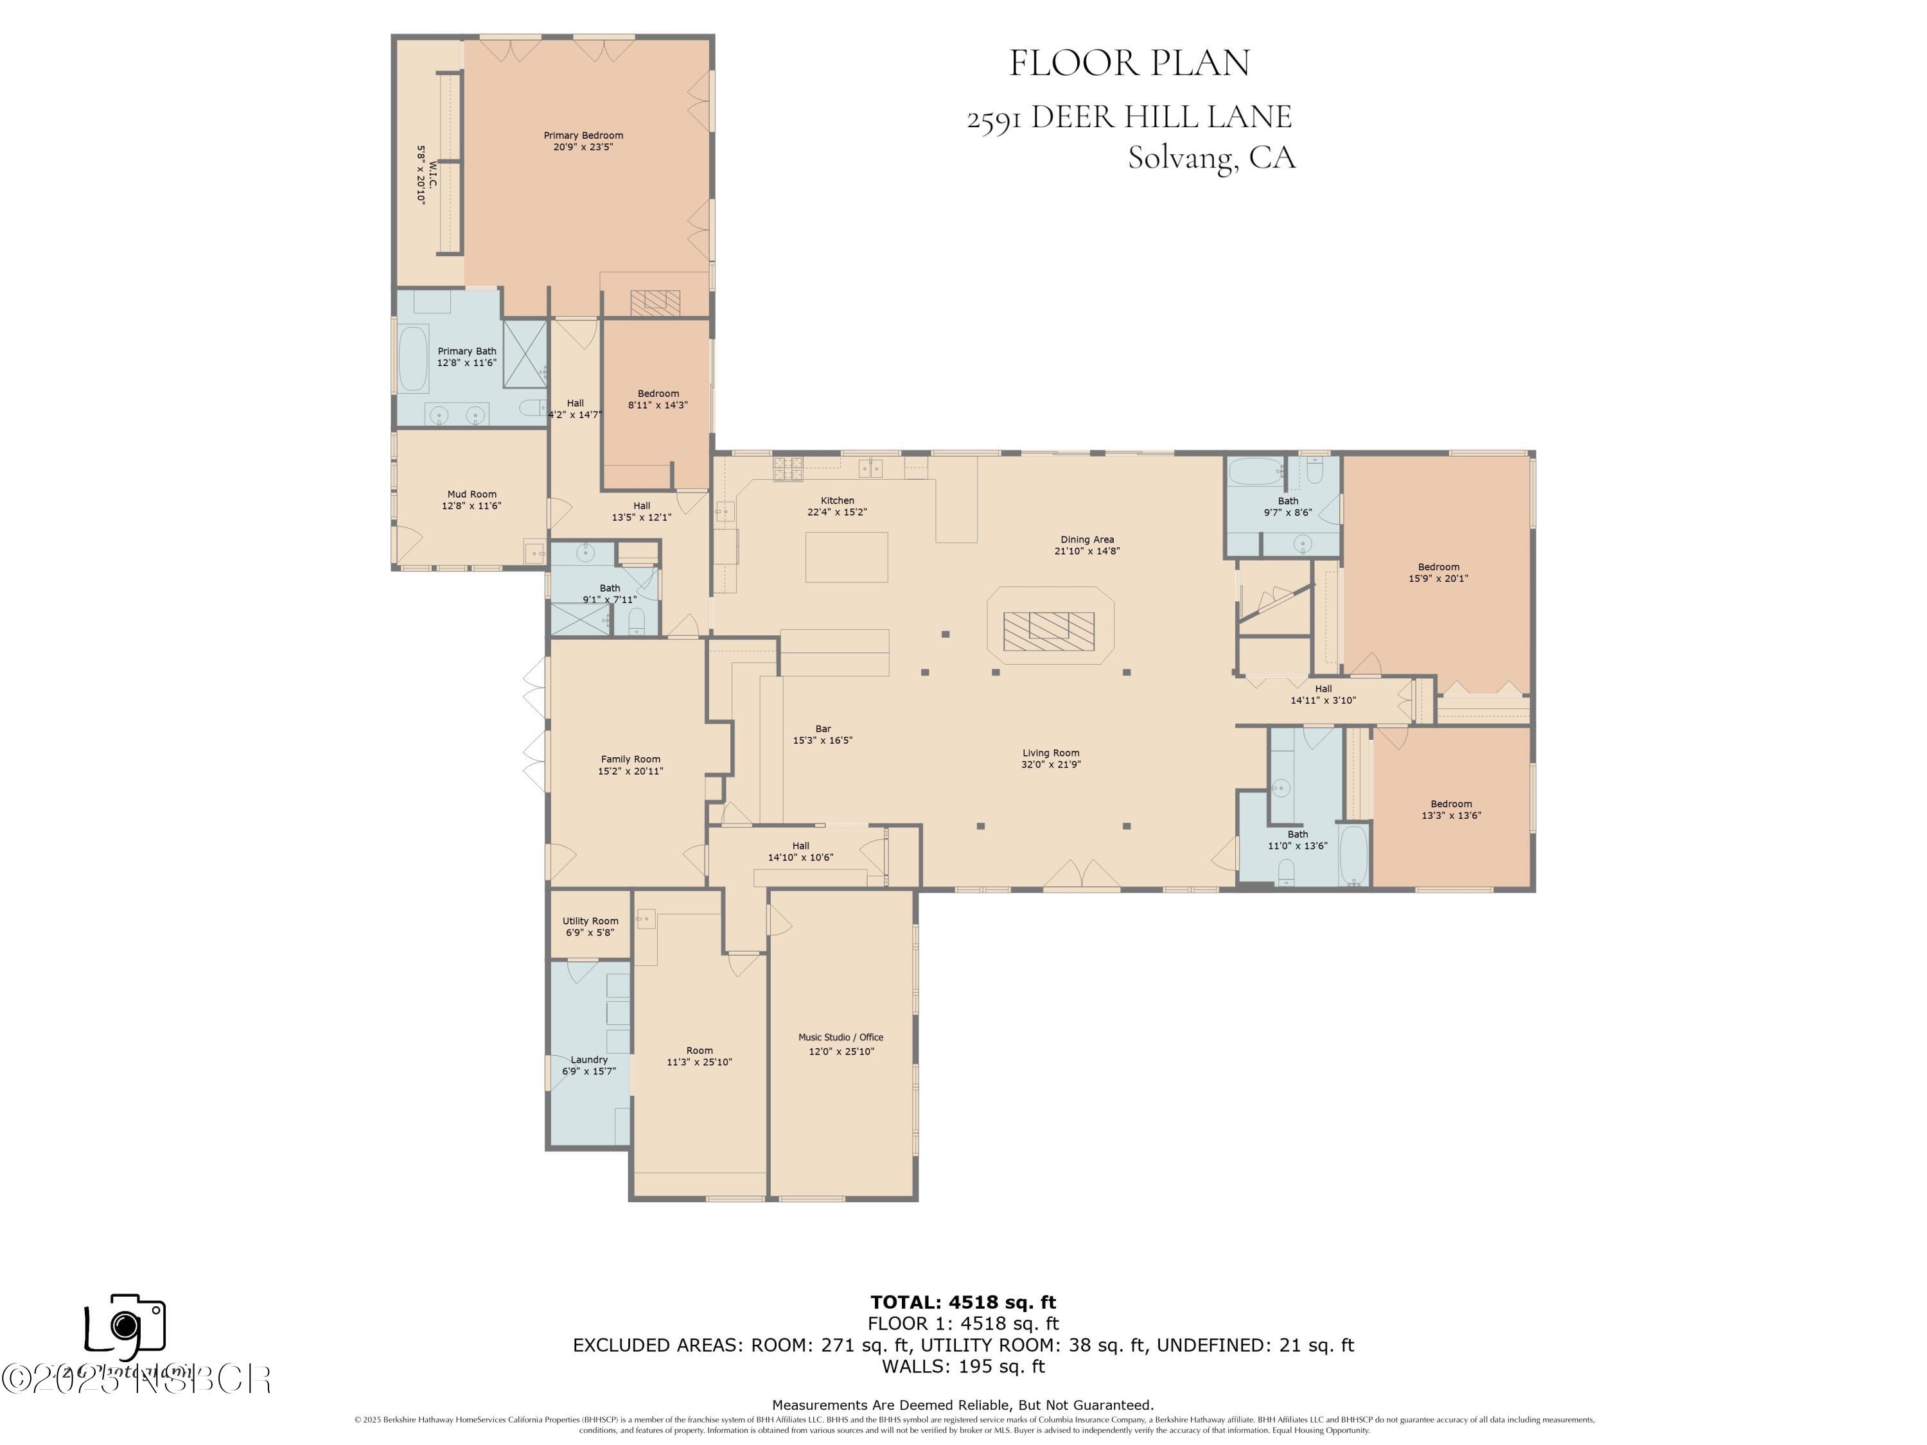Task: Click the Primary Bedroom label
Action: click(x=583, y=135)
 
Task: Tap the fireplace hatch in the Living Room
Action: click(x=1048, y=631)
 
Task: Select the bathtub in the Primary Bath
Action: click(x=414, y=358)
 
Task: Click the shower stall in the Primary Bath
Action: click(x=524, y=354)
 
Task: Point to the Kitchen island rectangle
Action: click(x=846, y=557)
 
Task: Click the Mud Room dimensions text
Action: click(x=471, y=506)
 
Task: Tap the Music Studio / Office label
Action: click(x=841, y=1037)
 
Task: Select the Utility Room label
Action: click(x=590, y=921)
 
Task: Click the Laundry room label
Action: click(x=589, y=1059)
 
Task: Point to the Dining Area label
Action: click(x=1086, y=539)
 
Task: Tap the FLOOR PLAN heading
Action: click(x=1129, y=63)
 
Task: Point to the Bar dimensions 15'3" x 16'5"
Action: click(x=822, y=740)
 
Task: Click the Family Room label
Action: click(x=630, y=758)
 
